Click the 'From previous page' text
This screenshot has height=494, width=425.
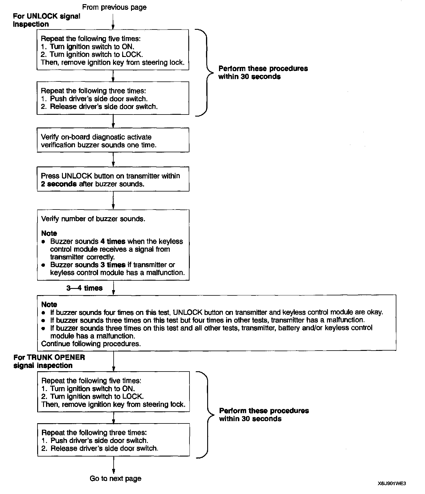pyautogui.click(x=114, y=7)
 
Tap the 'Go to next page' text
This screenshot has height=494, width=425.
pyautogui.click(x=115, y=478)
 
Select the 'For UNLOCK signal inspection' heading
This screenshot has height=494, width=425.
pyautogui.click(x=46, y=20)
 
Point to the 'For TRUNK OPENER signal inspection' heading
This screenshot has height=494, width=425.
pyautogui.click(x=49, y=361)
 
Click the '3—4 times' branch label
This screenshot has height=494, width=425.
pyautogui.click(x=84, y=288)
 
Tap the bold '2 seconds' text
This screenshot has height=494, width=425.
pyautogui.click(x=59, y=184)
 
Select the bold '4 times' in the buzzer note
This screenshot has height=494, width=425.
pyautogui.click(x=113, y=241)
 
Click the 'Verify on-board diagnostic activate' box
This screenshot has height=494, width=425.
pyautogui.click(x=113, y=140)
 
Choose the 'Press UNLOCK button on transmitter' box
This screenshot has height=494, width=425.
pyautogui.click(x=113, y=179)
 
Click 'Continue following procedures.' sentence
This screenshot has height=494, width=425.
pyautogui.click(x=91, y=343)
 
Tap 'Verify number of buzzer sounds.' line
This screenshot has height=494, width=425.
pyautogui.click(x=93, y=219)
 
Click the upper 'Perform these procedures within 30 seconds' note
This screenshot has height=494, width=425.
pyautogui.click(x=263, y=73)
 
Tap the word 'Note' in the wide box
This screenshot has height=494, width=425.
pyautogui.click(x=49, y=304)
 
